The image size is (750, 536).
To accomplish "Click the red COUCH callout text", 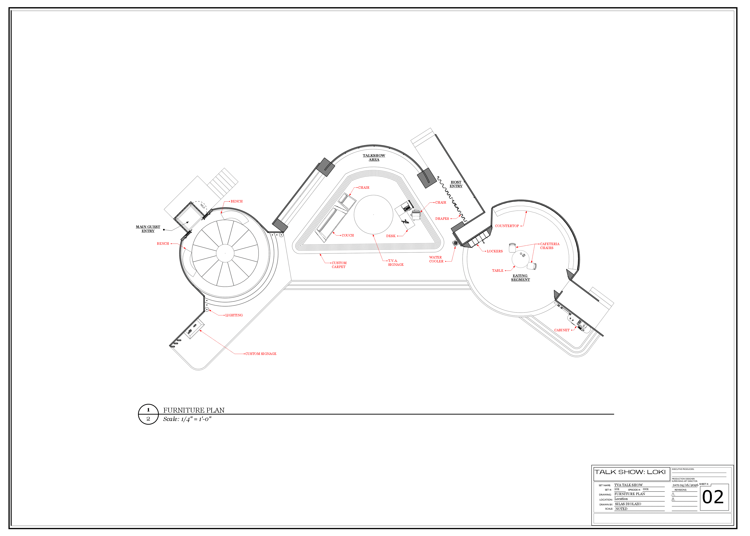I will click(x=348, y=235).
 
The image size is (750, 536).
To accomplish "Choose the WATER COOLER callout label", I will click(x=436, y=259).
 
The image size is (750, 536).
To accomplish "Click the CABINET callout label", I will click(x=562, y=330).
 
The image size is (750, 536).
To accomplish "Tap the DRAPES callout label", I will click(x=442, y=218).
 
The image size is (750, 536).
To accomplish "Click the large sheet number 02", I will click(x=713, y=497).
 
